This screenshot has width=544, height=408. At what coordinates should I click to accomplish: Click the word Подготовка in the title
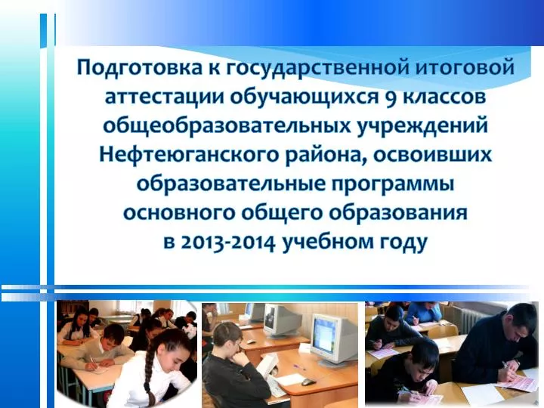click(x=139, y=68)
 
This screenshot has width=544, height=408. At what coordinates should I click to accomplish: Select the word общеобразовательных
click(x=227, y=125)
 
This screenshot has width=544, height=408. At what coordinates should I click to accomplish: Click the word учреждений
click(x=422, y=125)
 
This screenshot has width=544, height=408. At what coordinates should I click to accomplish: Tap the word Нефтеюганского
click(x=189, y=154)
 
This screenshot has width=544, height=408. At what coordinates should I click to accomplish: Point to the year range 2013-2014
click(x=230, y=242)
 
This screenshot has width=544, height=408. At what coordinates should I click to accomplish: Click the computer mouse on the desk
click(x=308, y=382)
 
